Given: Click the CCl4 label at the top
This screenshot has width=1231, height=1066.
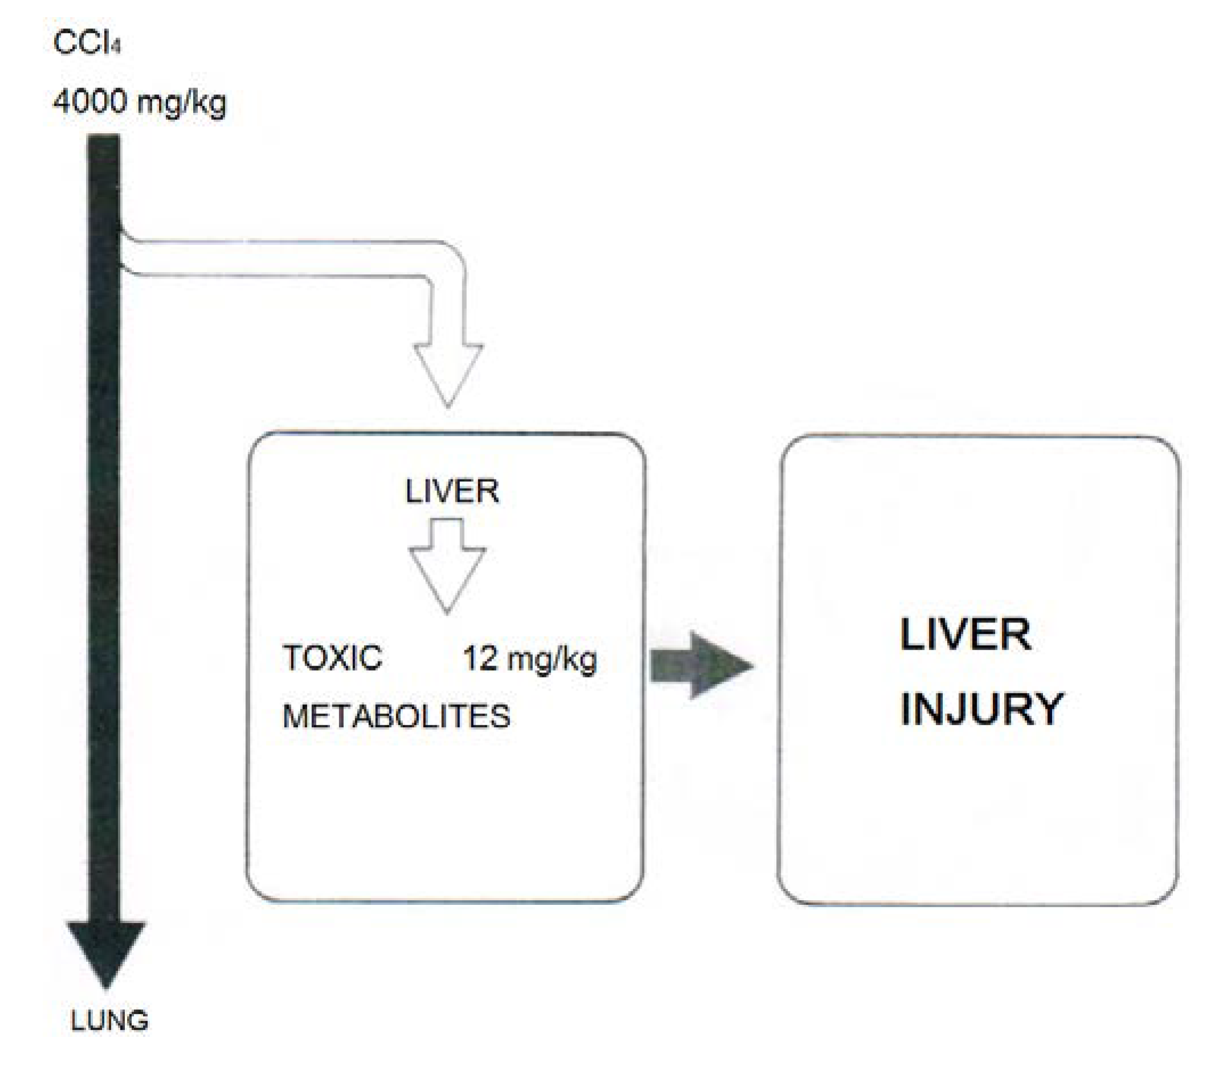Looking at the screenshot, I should (x=87, y=43).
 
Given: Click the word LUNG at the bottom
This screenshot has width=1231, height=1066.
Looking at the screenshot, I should (x=109, y=1020).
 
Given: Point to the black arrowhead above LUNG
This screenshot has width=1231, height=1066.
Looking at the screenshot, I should (x=106, y=949).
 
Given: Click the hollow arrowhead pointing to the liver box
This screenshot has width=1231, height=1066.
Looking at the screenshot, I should (x=447, y=372).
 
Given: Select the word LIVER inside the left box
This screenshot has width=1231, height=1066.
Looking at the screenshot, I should (x=452, y=491).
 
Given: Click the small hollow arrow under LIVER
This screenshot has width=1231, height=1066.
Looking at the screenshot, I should (x=447, y=565).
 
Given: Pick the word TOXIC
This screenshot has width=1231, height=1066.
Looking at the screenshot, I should (x=332, y=658).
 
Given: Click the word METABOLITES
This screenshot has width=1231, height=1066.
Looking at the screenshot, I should (x=396, y=716).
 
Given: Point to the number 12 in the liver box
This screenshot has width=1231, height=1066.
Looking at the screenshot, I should (x=480, y=658).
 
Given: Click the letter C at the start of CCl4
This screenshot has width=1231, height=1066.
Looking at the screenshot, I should (x=63, y=43).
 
